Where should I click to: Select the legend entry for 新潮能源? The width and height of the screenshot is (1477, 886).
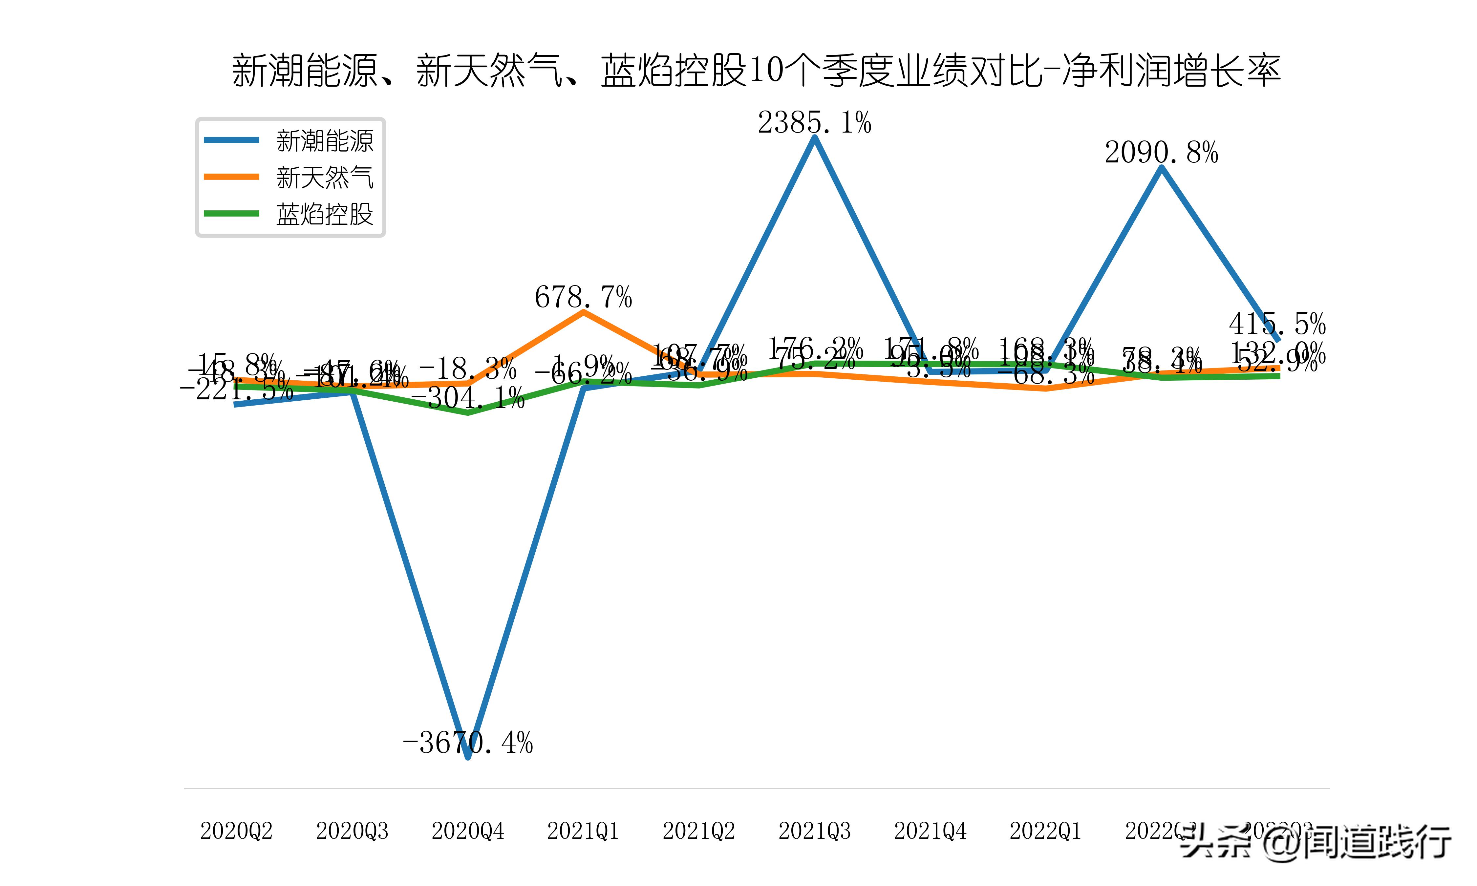[x=324, y=141]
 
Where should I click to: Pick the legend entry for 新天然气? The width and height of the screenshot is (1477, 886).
[x=324, y=177]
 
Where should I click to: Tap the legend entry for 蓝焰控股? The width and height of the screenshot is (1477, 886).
[x=324, y=214]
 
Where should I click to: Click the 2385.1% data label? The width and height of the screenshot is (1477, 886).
[x=814, y=123]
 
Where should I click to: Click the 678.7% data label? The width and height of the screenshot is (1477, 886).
[x=583, y=297]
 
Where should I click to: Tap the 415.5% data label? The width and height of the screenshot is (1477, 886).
[x=1277, y=324]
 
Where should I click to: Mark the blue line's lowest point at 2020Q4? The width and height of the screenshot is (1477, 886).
[x=467, y=757]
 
